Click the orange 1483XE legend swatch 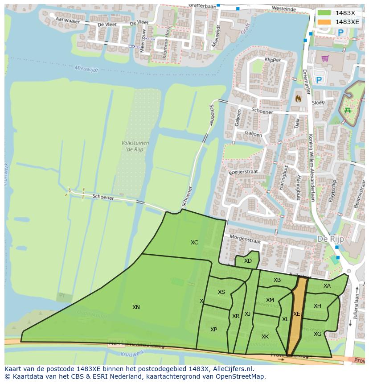coord(324,22)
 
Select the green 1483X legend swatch coord(324,13)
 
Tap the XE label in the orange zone coord(297,314)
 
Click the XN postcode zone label coord(136,307)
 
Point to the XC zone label coord(194,243)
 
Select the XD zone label coord(248,261)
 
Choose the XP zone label coord(213,330)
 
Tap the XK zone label coord(265,337)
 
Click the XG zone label coord(317,334)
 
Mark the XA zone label coord(327,286)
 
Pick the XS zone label coord(221,292)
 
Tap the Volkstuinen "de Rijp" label coord(135,146)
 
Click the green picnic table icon coord(347,110)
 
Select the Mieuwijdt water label coord(86,68)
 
